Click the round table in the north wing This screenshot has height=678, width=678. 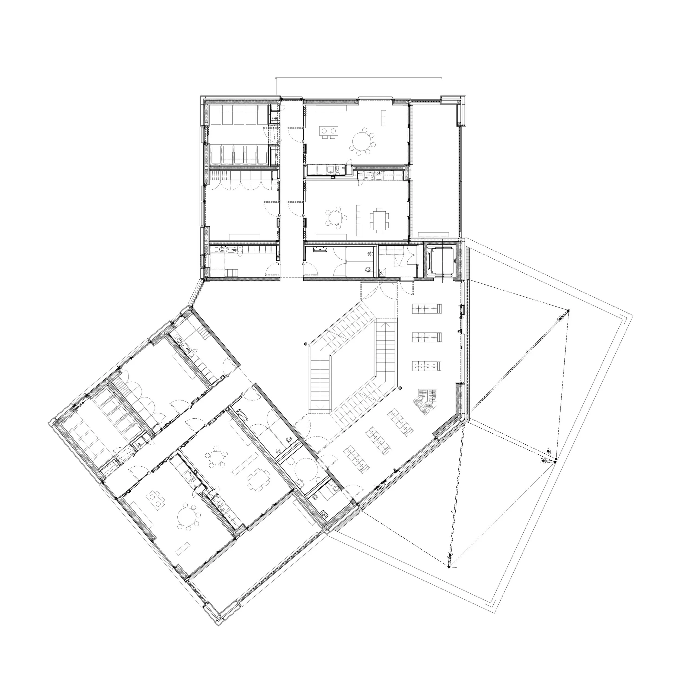(362, 141)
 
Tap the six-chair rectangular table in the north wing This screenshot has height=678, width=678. (378, 220)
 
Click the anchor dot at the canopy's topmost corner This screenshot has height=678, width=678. (568, 311)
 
